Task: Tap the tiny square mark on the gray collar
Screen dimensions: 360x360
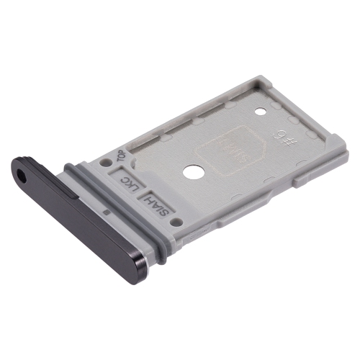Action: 107,212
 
